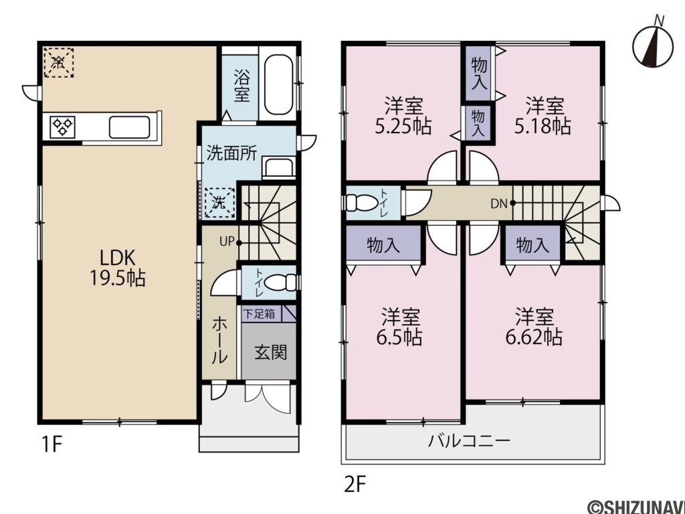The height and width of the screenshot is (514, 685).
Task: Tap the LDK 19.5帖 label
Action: (118, 268)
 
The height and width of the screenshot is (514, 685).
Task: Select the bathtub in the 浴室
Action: (279, 85)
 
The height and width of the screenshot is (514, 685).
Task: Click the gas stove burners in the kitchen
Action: (63, 126)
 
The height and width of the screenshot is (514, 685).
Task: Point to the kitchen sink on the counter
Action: (128, 126)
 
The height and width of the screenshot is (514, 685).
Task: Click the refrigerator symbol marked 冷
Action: (58, 62)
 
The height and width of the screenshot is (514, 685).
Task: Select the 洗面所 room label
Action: (231, 153)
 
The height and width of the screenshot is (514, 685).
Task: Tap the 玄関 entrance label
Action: (270, 351)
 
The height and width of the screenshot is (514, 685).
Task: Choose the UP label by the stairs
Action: (225, 242)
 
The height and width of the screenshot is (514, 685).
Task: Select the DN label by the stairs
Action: (498, 203)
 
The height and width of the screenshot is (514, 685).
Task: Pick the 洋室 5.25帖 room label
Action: (403, 115)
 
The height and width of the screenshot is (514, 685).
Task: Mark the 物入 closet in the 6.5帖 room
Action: (383, 246)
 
